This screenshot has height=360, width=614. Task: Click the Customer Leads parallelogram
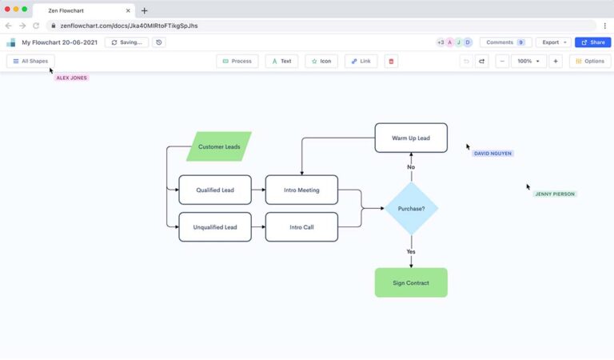click(x=218, y=146)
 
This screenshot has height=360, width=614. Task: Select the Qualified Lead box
click(x=214, y=190)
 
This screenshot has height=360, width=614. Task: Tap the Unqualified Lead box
click(x=214, y=226)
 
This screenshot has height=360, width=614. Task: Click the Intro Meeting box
click(x=301, y=190)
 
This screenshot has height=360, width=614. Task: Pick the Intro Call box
click(x=301, y=226)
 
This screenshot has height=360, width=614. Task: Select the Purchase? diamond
click(x=411, y=208)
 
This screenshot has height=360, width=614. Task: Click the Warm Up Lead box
click(x=411, y=138)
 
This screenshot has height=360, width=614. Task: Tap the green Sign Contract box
click(x=411, y=282)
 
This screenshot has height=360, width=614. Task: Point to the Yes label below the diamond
click(x=411, y=251)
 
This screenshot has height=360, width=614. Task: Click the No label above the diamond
click(x=411, y=167)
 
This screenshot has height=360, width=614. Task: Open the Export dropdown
click(x=553, y=42)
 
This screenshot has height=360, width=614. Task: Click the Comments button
click(x=505, y=42)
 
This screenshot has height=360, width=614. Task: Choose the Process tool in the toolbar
click(x=237, y=61)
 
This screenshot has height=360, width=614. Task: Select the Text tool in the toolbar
click(x=281, y=61)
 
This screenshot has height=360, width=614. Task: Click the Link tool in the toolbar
click(x=361, y=61)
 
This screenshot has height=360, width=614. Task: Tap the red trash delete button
click(x=391, y=61)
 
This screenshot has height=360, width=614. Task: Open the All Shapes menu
click(x=30, y=61)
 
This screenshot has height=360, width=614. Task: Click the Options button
click(x=590, y=61)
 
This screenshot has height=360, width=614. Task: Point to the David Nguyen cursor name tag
click(x=492, y=154)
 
